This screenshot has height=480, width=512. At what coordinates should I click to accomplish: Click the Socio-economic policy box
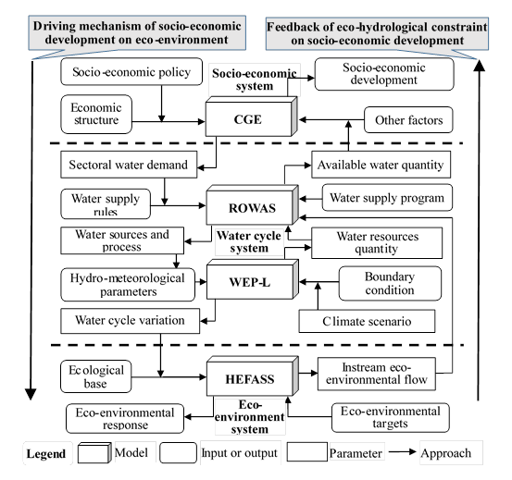pyautogui.click(x=131, y=72)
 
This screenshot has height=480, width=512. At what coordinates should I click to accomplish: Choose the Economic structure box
pyautogui.click(x=96, y=114)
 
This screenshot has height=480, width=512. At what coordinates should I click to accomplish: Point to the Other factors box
pyautogui.click(x=408, y=119)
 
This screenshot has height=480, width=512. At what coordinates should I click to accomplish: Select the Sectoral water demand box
pyautogui.click(x=129, y=165)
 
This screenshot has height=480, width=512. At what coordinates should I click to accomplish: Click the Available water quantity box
pyautogui.click(x=381, y=165)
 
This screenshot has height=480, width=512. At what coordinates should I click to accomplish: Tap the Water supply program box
pyautogui.click(x=387, y=198)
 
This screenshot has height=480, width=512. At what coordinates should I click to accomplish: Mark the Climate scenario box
pyautogui.click(x=367, y=321)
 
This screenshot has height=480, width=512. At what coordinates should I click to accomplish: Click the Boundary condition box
pyautogui.click(x=390, y=283)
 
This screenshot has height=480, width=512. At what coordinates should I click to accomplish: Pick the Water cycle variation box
pyautogui.click(x=130, y=321)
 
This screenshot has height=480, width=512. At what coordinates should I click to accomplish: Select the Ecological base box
pyautogui.click(x=96, y=376)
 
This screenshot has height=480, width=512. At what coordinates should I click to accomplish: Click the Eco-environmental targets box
pyautogui.click(x=391, y=418)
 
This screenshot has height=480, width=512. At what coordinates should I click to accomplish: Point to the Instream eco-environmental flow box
pyautogui.click(x=377, y=374)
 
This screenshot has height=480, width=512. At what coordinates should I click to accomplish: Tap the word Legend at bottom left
pyautogui.click(x=46, y=453)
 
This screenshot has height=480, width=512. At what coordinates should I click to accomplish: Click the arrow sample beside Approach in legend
pyautogui.click(x=402, y=452)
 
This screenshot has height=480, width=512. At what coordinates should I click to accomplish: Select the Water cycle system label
pyautogui.click(x=249, y=241)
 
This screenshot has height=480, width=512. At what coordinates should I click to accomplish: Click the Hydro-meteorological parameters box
pyautogui.click(x=128, y=285)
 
